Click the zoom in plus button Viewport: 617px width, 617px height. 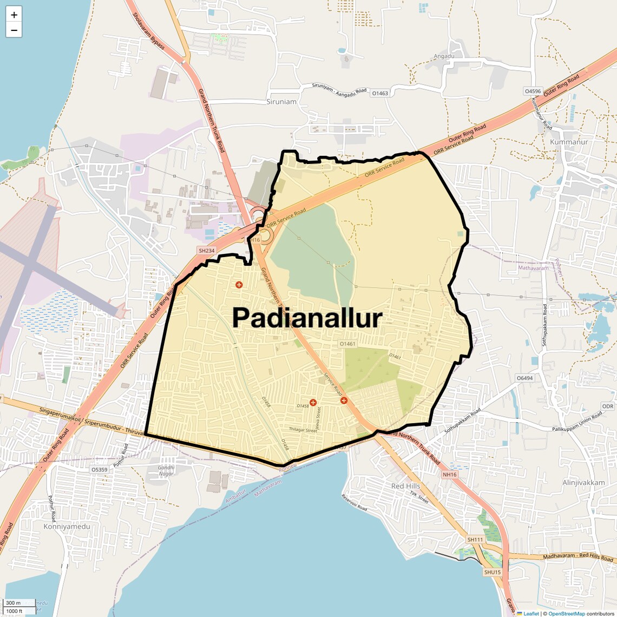click(14, 15)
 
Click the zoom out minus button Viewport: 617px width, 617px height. click(14, 30)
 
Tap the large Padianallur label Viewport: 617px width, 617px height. click(307, 318)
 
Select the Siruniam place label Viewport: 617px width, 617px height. click(281, 102)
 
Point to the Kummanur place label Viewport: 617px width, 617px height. click(568, 142)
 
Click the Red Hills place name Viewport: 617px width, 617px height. click(405, 486)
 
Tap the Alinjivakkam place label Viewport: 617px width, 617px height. click(583, 482)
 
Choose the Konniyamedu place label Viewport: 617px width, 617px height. click(67, 526)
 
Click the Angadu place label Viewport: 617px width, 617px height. click(444, 56)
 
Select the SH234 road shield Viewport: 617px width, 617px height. click(207, 251)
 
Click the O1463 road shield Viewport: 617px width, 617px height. click(380, 93)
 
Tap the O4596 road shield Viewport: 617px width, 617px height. click(533, 91)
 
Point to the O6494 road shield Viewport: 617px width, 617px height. click(524, 378)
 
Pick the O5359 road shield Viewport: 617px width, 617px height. click(100, 470)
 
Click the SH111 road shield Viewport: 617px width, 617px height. click(475, 540)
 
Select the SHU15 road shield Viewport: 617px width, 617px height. click(493, 572)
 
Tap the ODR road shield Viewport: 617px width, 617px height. click(608, 406)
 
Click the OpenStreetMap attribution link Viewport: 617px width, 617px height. click(566, 614)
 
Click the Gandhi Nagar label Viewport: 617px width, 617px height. click(166, 470)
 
